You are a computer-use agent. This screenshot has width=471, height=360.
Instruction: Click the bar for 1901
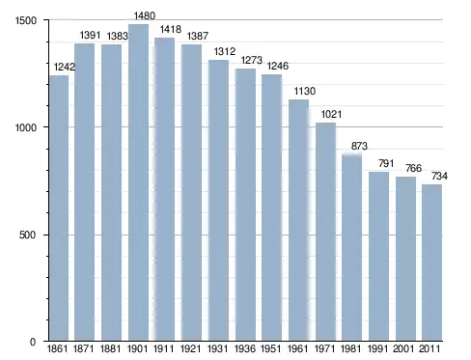pos(138,182)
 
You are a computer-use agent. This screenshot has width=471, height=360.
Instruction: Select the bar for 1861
pos(59,208)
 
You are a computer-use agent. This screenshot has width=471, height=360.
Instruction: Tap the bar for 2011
pos(431,263)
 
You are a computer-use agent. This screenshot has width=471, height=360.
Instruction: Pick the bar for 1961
pos(298,220)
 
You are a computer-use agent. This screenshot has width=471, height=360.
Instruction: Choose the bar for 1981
pos(351,248)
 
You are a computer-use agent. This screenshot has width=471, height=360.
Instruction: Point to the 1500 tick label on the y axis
pos(26,20)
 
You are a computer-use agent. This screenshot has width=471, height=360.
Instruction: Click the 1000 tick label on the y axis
pos(26,127)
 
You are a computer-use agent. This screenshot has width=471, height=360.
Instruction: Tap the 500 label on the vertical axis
pos(27,235)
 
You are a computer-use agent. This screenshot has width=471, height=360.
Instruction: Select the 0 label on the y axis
pos(33,342)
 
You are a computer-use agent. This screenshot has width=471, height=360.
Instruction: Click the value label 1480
pos(145,15)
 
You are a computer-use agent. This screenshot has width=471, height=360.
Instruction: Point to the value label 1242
pos(65,67)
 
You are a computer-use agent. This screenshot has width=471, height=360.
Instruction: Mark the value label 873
pos(359,146)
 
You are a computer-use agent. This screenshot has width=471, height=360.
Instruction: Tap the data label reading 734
pos(439,176)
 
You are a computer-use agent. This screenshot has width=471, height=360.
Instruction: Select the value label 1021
pos(331,114)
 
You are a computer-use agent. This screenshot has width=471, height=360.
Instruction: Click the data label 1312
pos(225,51)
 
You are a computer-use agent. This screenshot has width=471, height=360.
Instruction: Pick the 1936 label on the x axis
pos(245,348)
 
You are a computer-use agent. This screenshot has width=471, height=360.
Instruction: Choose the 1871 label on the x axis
pos(84,348)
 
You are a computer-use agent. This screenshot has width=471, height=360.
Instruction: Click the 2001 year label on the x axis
pos(403,348)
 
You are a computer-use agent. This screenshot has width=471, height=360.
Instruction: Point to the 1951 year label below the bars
pos(271,348)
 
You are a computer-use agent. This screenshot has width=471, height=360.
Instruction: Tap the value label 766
pos(413,168)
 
